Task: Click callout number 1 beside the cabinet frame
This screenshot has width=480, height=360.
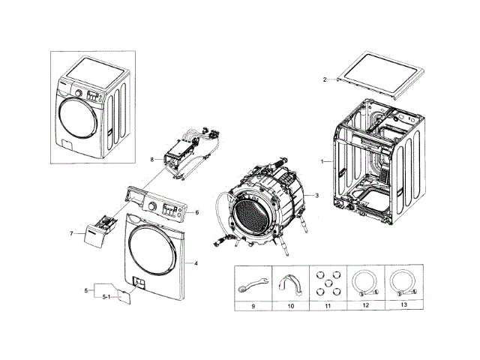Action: pos(322,161)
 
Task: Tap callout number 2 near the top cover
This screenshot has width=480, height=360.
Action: pos(325,79)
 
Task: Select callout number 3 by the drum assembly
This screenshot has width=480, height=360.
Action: pos(316,196)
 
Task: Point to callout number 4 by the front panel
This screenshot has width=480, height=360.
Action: pos(196,263)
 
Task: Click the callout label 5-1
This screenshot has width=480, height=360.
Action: pos(106,298)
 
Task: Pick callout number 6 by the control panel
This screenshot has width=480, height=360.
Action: pos(196,212)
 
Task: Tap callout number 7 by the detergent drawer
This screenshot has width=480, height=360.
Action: pos(72,233)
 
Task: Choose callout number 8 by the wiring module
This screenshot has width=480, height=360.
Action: pos(151,159)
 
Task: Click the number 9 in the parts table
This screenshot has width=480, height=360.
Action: pos(253,307)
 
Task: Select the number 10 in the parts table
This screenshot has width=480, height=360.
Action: pos(291,307)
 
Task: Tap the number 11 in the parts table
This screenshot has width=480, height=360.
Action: pos(328,307)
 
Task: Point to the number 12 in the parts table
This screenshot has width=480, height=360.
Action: pos(365,307)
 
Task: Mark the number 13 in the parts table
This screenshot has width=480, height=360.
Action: pos(403,307)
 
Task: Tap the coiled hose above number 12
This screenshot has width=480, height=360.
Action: pos(366,284)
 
